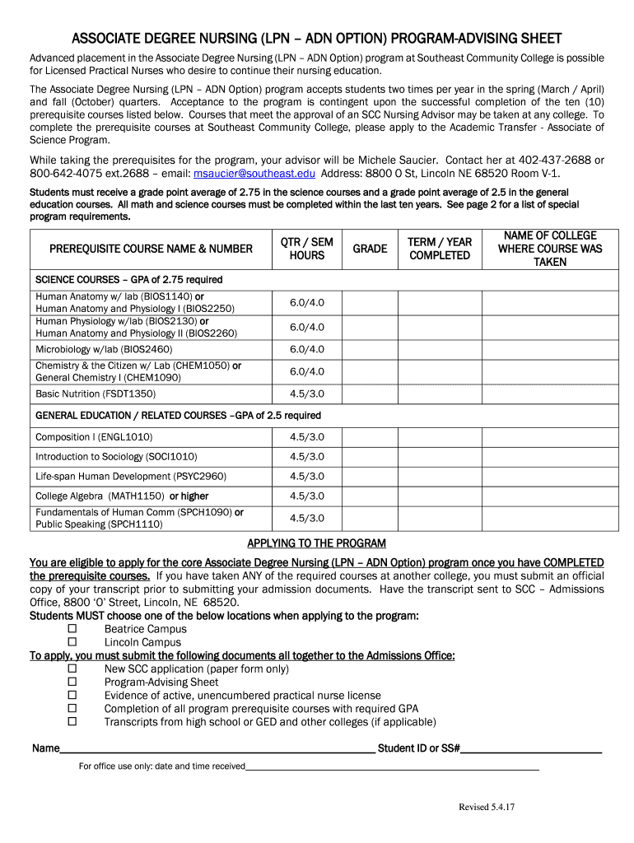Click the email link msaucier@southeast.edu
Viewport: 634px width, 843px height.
[x=254, y=174]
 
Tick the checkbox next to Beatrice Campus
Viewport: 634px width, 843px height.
[x=72, y=629]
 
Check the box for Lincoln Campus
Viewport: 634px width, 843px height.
[x=72, y=642]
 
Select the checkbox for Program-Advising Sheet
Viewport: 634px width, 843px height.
[x=72, y=682]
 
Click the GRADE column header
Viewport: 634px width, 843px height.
[x=370, y=249]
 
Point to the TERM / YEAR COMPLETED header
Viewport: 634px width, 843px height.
[x=440, y=249]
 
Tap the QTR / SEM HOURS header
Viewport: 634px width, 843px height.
[x=307, y=249]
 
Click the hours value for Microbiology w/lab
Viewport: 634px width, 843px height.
[x=307, y=349]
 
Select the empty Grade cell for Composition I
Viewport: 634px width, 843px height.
[x=370, y=437]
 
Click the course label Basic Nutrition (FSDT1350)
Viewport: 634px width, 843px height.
[x=96, y=394]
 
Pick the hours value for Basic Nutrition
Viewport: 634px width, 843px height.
[x=307, y=394]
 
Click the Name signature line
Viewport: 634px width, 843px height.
[x=217, y=749]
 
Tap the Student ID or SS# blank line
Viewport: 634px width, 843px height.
[x=531, y=749]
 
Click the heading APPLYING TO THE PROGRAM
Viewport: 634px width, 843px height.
[x=317, y=543]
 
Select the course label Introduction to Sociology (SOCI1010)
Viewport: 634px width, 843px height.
[x=116, y=457]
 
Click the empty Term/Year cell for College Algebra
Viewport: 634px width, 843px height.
[x=440, y=496]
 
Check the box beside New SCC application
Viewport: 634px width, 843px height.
[x=72, y=668]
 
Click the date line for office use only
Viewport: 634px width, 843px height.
[x=392, y=766]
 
